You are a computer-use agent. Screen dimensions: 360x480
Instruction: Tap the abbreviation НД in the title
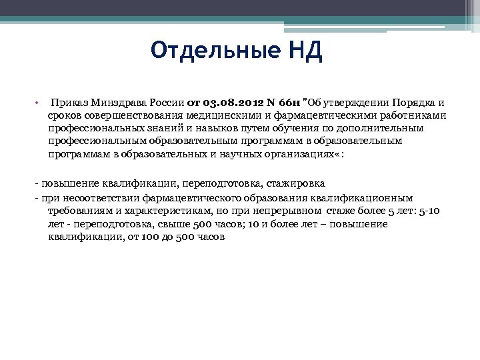(306, 51)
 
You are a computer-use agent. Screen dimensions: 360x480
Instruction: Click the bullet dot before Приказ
(37, 103)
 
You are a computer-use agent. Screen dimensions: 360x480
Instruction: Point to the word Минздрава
(122, 103)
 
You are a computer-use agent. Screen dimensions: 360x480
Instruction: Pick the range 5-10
(427, 211)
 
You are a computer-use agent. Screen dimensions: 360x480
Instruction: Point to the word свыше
(173, 224)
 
